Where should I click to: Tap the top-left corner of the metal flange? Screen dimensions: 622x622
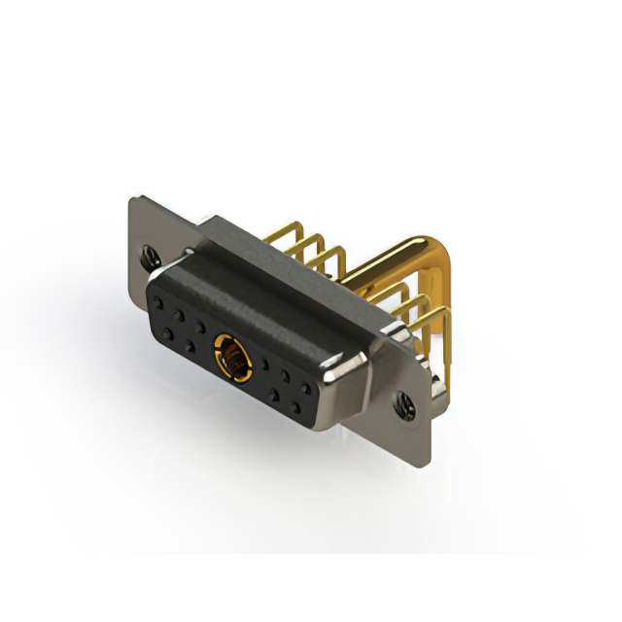(x=131, y=198)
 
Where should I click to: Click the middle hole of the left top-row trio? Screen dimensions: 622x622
(x=180, y=314)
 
